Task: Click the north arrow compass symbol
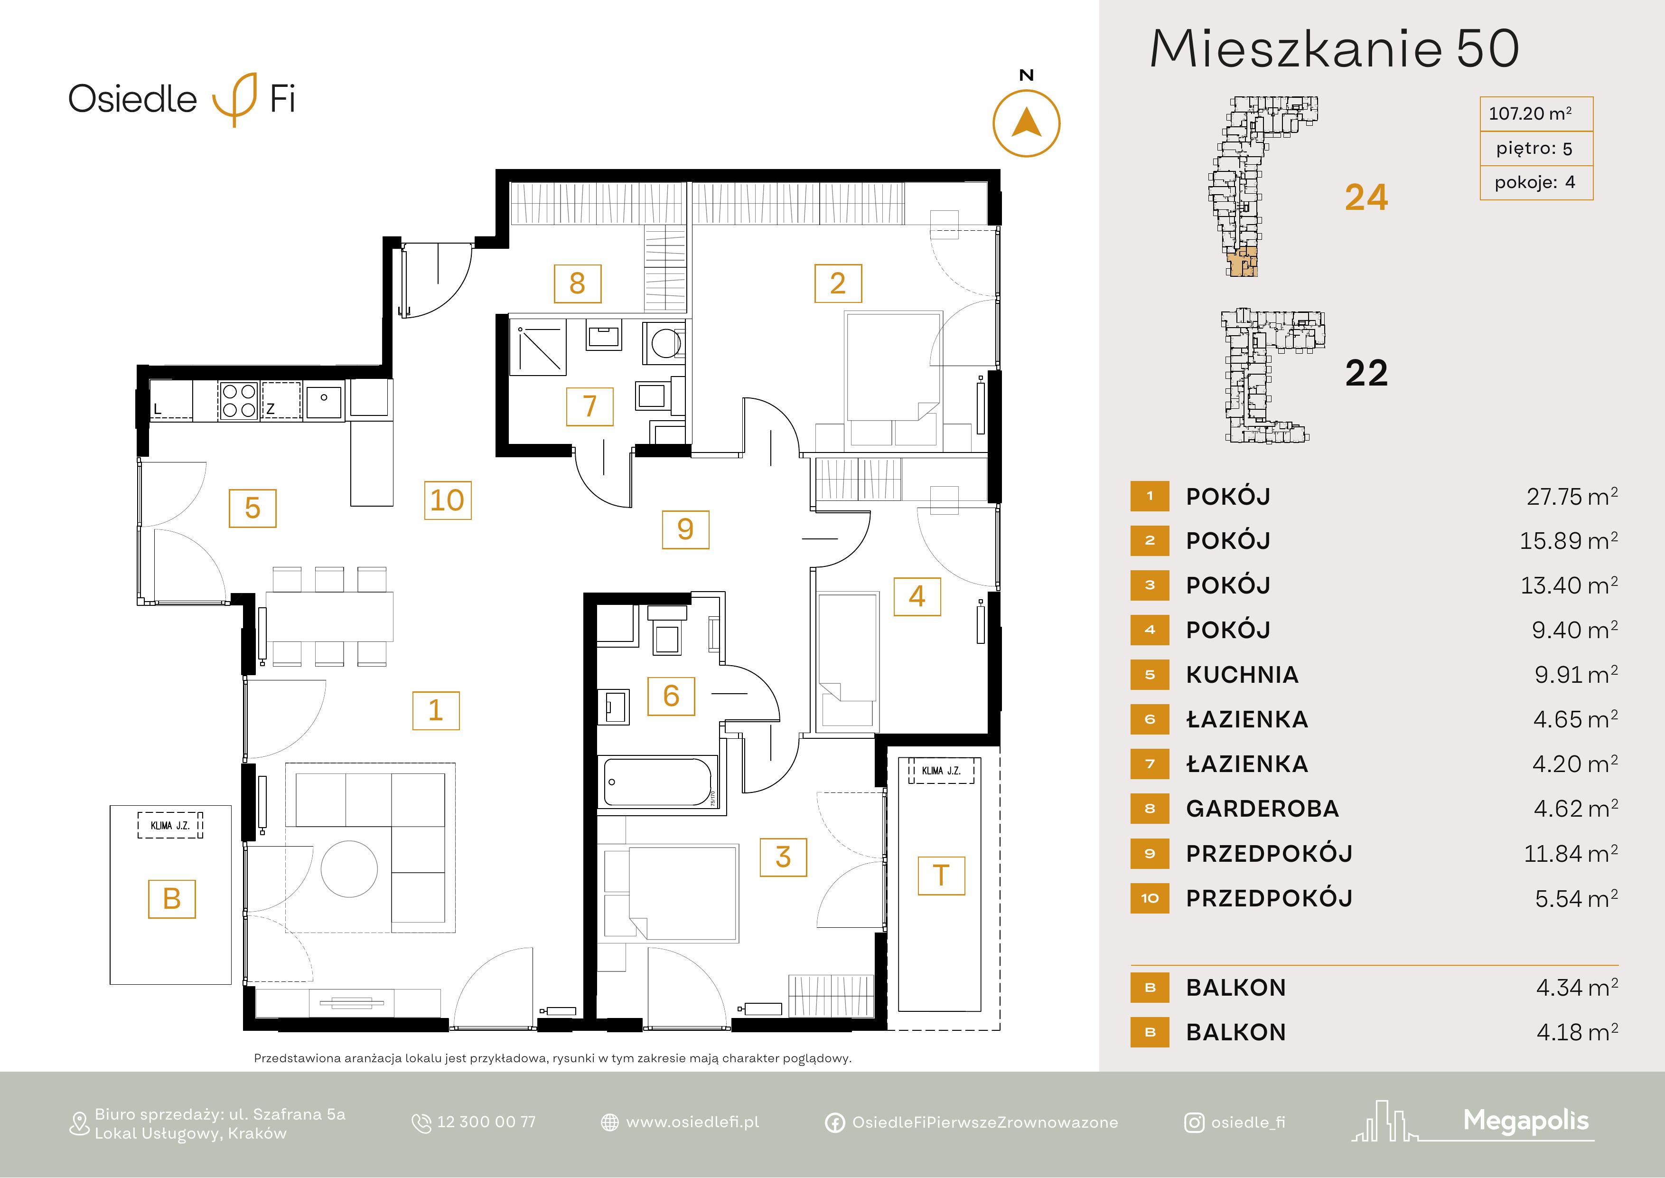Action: coord(1026,123)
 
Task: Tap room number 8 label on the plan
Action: coord(577,283)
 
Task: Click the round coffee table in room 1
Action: coord(349,868)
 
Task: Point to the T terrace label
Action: coord(941,876)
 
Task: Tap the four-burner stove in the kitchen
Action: coord(239,400)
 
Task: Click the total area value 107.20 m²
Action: coord(1530,114)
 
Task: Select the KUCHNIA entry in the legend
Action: coord(1242,675)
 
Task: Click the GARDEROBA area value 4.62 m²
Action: coord(1575,808)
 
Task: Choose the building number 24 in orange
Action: coord(1366,198)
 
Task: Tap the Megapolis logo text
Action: coord(1526,1121)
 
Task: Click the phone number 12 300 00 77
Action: coord(486,1122)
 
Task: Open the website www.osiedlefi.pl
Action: coord(692,1122)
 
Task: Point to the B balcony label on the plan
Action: coord(172,899)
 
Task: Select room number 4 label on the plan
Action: coord(917,596)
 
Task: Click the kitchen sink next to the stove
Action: coord(324,400)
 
